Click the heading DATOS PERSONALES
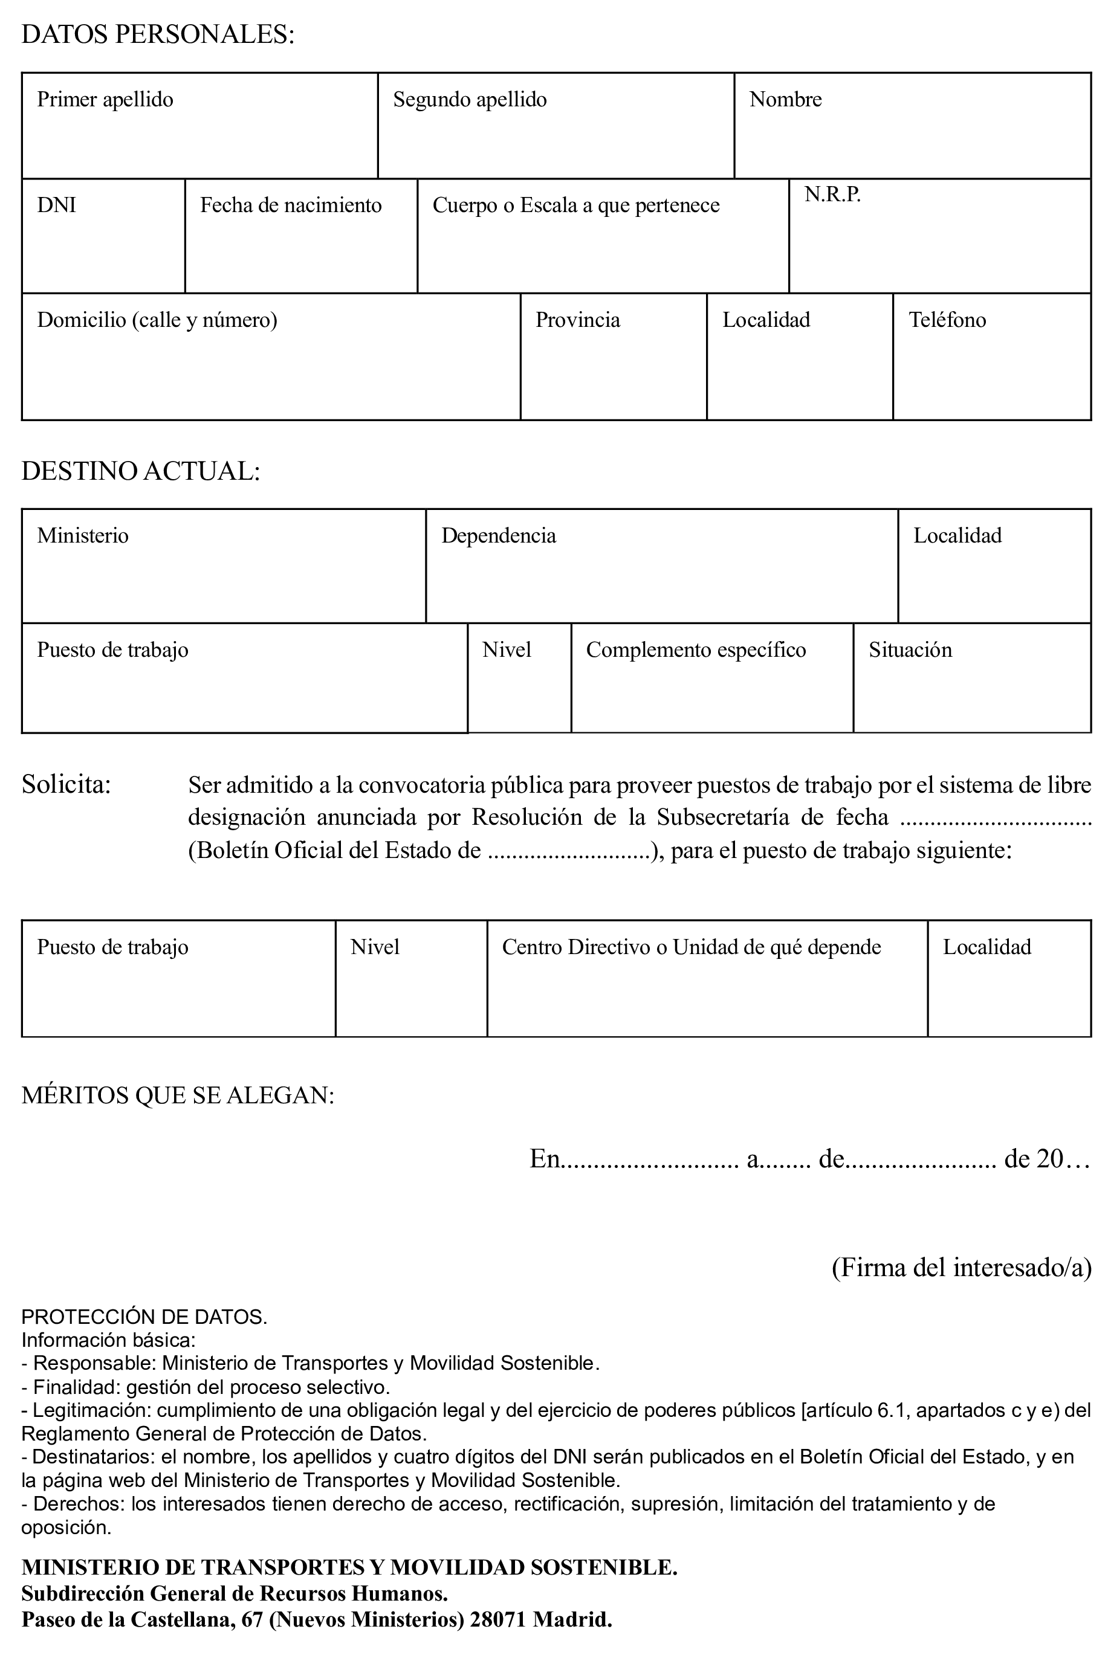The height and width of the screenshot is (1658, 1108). (158, 34)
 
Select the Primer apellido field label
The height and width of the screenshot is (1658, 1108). (105, 100)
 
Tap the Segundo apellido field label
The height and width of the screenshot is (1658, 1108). (470, 100)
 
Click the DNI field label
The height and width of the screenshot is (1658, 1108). (57, 205)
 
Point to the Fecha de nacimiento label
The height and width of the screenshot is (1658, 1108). (290, 205)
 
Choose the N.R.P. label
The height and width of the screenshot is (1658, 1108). (832, 195)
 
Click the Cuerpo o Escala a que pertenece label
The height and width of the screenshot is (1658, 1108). (576, 205)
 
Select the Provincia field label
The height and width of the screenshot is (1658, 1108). (577, 320)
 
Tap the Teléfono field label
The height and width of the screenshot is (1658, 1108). (947, 320)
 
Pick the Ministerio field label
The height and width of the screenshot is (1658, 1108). (83, 535)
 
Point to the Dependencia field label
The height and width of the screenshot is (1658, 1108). (498, 535)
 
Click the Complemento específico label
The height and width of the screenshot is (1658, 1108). (695, 650)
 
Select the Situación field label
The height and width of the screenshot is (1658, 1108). (910, 650)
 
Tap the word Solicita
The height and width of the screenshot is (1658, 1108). (66, 784)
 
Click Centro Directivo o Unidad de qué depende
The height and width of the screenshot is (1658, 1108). (691, 947)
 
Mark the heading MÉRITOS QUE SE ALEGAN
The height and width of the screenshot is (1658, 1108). (177, 1095)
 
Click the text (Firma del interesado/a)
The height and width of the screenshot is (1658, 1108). (961, 1267)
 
